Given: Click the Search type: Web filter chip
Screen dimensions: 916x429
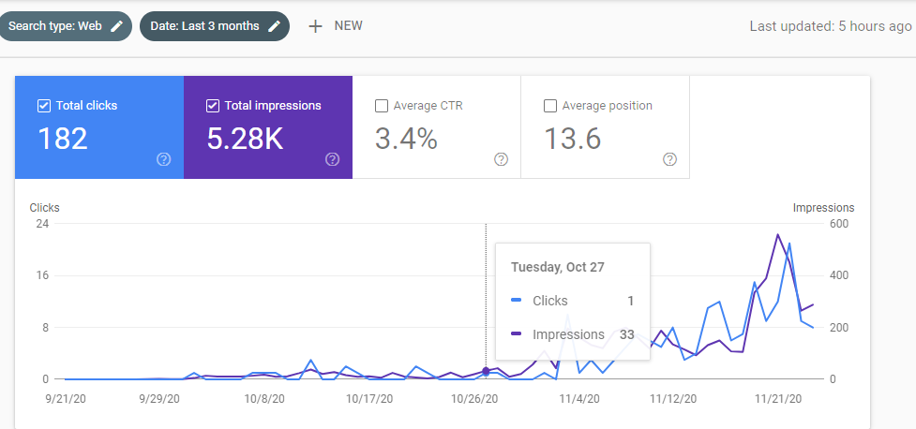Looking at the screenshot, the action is pos(66,26).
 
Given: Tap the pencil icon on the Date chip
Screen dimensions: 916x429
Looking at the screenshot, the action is pos(274,26).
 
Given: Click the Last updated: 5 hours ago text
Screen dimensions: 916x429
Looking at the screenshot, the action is pos(830,26).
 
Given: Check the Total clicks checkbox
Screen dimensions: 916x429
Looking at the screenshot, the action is pos(43,106).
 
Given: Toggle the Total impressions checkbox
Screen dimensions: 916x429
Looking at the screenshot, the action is pos(213,106).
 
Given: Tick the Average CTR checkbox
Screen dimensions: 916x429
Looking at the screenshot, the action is pos(382,106).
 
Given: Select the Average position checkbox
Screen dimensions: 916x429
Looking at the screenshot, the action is pos(549,106).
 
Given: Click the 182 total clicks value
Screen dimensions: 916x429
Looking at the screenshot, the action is pos(63,139).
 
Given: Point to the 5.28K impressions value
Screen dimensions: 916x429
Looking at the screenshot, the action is pos(246,139).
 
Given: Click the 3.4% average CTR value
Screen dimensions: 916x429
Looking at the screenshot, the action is pos(406,139).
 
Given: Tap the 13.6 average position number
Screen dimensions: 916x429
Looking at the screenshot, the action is pos(573,139).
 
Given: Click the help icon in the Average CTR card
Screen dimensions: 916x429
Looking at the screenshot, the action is pos(502,159).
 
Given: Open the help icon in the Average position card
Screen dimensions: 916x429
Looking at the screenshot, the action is pos(670,159).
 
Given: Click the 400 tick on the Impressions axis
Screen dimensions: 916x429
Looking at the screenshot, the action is pos(839,275).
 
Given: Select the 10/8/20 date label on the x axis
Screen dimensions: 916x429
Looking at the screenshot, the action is pos(265,399).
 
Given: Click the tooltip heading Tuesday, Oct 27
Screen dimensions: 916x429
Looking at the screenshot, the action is pos(557,267).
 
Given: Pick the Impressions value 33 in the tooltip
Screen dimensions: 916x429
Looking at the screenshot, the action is pos(627,334).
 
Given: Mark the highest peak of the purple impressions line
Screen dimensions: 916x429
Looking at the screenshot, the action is pos(777,234).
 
